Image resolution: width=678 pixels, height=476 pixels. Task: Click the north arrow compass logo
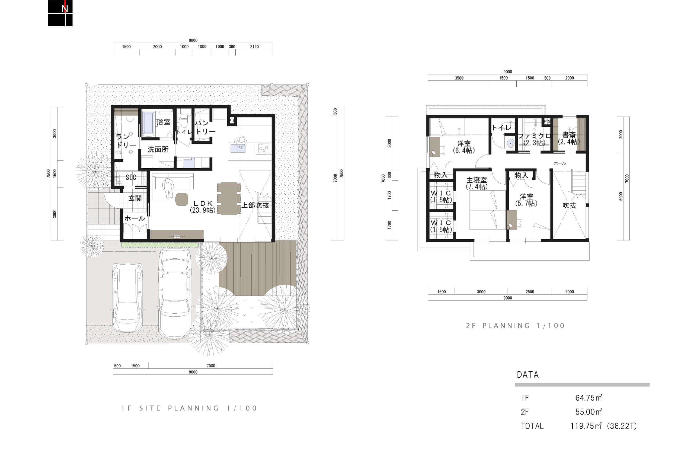[x=60, y=13]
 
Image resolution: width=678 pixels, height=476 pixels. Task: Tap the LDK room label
[x=203, y=203]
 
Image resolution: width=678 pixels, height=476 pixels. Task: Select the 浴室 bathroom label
[x=163, y=122]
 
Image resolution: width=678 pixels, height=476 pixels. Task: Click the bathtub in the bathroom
[x=148, y=123]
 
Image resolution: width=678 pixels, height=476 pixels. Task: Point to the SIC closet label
[x=131, y=177]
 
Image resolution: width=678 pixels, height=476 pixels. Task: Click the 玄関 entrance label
[x=135, y=198]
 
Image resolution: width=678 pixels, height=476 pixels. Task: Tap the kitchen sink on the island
[x=238, y=149]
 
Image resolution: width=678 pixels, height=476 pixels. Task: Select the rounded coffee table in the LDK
[x=182, y=200]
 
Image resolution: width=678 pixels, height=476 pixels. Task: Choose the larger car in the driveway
[x=175, y=294]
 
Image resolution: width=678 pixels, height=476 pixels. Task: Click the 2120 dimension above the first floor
[x=254, y=47]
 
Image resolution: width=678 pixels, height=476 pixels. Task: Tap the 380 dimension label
[x=232, y=47]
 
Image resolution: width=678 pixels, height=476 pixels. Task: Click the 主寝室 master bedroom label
[x=476, y=180]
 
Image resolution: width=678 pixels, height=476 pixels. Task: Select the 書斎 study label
[x=569, y=135]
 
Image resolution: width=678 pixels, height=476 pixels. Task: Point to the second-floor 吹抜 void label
[x=569, y=205]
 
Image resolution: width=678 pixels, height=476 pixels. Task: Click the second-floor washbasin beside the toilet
[x=510, y=143]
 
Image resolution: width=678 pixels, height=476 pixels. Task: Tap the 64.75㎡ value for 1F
[x=589, y=398]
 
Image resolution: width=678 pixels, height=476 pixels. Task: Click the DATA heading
[x=528, y=375]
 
